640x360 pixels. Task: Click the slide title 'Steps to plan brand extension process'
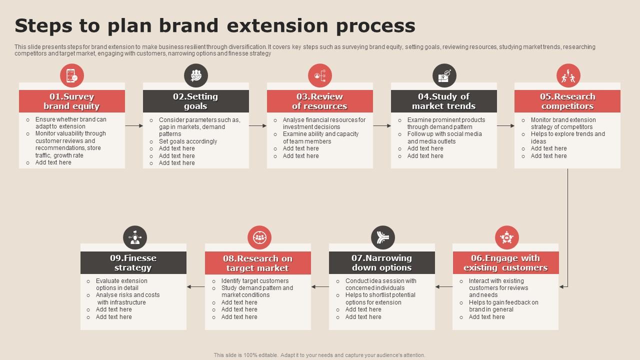[215, 25]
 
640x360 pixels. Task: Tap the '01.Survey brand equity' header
[72, 101]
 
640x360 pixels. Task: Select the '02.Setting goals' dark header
[195, 101]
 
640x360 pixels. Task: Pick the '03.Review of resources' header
[319, 101]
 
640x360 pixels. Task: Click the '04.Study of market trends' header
[443, 101]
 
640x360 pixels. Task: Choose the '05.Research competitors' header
[567, 101]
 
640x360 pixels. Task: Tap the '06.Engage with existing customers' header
[505, 262]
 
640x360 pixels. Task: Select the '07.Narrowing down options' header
[381, 262]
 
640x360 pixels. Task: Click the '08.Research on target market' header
[257, 262]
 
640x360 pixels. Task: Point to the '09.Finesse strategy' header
[133, 262]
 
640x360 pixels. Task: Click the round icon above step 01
[72, 76]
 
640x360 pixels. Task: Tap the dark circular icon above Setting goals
[196, 76]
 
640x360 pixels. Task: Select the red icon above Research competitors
[568, 76]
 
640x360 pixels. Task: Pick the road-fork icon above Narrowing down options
[383, 237]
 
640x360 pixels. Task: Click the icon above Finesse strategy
[135, 237]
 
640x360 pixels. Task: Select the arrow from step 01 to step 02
[133, 126]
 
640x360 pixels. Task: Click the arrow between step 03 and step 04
[382, 126]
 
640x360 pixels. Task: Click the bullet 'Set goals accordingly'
[187, 141]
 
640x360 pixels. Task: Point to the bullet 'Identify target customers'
[254, 281]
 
